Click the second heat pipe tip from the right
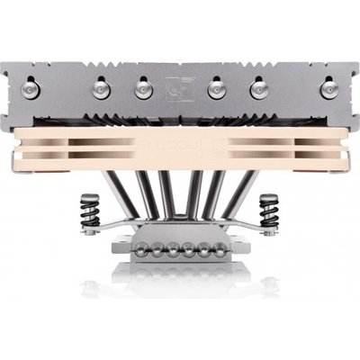point(260,87)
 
